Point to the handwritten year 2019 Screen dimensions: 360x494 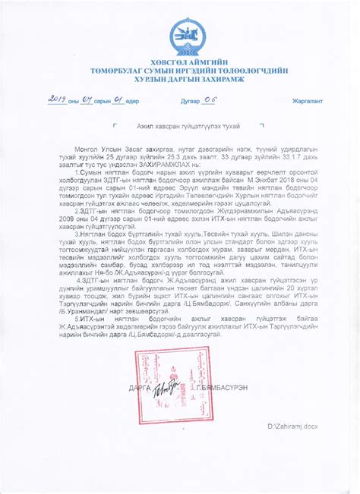pyautogui.click(x=58, y=100)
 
